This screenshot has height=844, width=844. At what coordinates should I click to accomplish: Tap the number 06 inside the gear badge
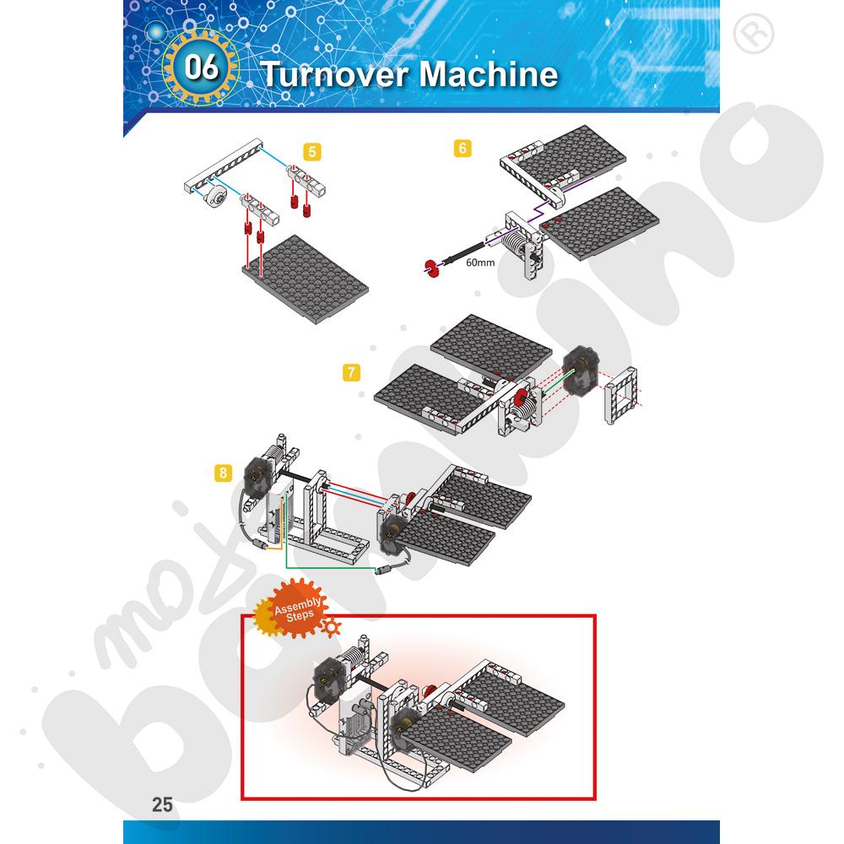click(x=202, y=68)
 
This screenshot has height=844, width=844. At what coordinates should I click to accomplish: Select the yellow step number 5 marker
click(x=312, y=152)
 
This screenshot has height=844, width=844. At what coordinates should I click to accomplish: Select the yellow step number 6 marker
click(x=463, y=148)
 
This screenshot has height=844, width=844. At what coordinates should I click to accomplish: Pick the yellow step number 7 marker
click(x=351, y=372)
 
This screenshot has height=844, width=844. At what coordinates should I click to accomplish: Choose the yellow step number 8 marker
click(x=223, y=473)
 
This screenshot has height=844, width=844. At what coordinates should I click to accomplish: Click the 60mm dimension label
click(x=480, y=262)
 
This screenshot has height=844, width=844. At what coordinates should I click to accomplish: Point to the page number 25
click(x=162, y=804)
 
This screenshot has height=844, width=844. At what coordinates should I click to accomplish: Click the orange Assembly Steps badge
click(x=295, y=609)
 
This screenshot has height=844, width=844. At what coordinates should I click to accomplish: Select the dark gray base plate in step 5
click(x=306, y=279)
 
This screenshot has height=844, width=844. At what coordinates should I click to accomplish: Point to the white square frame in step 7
click(x=621, y=396)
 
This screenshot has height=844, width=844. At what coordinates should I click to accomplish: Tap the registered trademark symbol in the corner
click(x=754, y=34)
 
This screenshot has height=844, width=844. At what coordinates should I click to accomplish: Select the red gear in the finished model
click(x=429, y=693)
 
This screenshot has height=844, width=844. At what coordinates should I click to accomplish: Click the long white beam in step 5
click(x=224, y=165)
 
